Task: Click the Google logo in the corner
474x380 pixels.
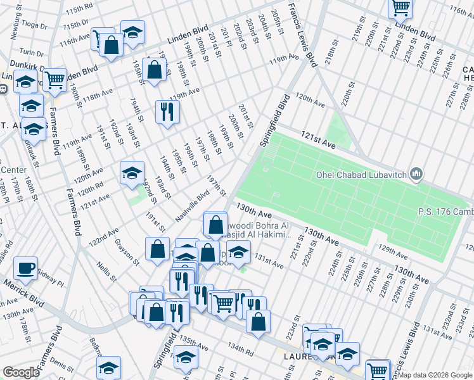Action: [21, 372]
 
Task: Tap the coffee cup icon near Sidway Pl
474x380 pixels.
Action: [25, 268]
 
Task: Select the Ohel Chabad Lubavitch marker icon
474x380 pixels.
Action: [416, 174]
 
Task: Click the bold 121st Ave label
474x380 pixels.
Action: [318, 145]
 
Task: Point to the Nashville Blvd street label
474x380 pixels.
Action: [192, 207]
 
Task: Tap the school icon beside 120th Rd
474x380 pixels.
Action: [132, 172]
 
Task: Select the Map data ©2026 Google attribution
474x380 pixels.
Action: [435, 375]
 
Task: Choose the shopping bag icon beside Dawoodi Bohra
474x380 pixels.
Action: [216, 224]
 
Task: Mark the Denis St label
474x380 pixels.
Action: [63, 365]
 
